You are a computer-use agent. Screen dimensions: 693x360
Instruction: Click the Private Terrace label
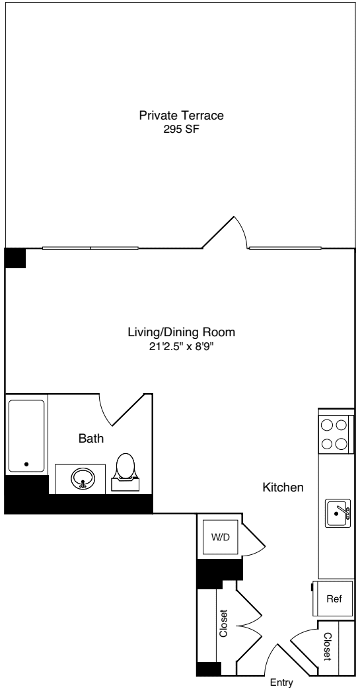pos(181,116)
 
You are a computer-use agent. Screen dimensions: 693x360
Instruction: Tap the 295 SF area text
pos(181,130)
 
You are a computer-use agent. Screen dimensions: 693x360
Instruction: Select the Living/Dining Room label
pos(181,332)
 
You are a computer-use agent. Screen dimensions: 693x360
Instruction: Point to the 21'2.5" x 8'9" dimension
pos(181,346)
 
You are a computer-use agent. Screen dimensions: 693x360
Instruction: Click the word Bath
pos(91,437)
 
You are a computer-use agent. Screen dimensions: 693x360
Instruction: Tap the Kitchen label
pos(283,488)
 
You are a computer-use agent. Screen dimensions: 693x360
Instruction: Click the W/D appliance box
pos(220,537)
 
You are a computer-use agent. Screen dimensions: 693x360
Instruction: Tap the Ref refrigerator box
pos(334,599)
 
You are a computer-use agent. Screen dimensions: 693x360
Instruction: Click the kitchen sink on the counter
pos(338,513)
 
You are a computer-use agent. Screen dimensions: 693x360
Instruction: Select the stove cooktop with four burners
pos(334,435)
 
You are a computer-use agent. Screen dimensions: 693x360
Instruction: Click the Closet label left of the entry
pos(224,624)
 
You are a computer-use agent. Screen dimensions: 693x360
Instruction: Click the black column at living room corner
pos(15,258)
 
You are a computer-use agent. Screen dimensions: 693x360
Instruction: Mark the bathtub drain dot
pos(26,464)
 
